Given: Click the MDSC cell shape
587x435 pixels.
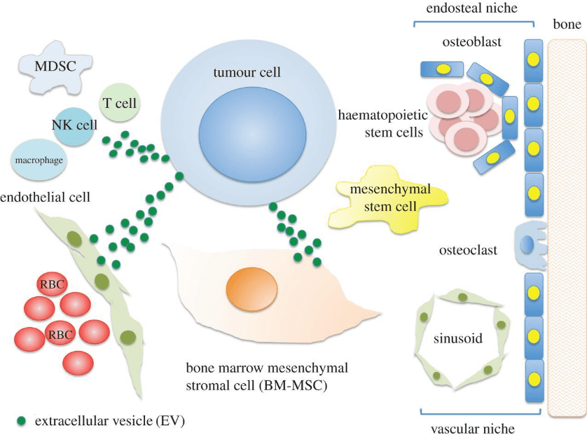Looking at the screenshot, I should [x=52, y=68].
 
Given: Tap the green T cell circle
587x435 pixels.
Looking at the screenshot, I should [x=119, y=104].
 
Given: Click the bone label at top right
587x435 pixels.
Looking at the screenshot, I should [x=567, y=26].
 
